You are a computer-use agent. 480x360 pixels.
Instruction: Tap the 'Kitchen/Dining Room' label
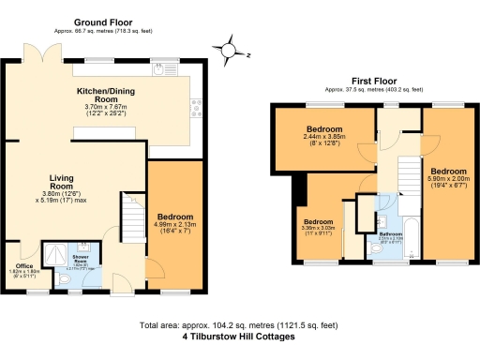click(110, 97)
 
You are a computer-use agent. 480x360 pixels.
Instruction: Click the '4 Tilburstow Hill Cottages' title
click(240, 335)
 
